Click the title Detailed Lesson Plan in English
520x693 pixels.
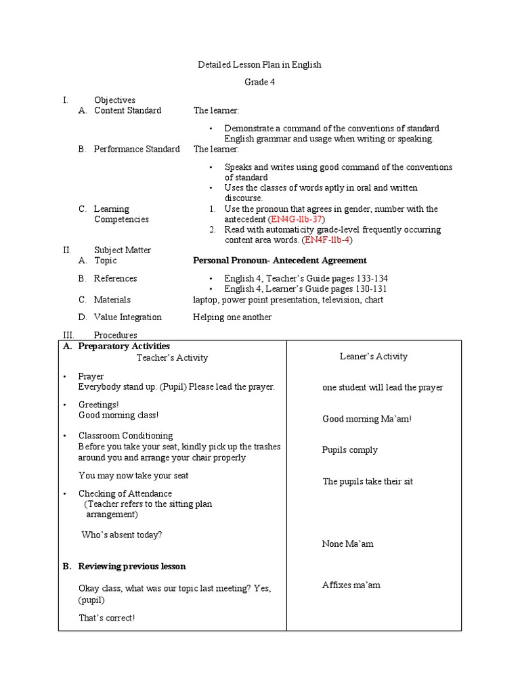259,65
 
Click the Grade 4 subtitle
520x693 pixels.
259,83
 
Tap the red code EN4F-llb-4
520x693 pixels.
328,240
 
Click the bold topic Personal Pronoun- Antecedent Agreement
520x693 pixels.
280,261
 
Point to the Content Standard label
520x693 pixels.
127,110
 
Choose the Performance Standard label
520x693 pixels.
137,149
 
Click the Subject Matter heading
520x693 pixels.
123,250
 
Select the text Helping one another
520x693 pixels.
232,317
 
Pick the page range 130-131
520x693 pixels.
368,289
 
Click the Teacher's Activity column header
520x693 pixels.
172,357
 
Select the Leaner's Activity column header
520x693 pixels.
373,356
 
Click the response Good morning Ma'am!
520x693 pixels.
367,419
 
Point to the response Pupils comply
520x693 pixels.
349,450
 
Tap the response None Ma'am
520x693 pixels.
347,543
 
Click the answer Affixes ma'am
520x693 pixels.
351,585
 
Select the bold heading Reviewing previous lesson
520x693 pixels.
131,566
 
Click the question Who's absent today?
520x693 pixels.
122,535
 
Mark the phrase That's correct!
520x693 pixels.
106,618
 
